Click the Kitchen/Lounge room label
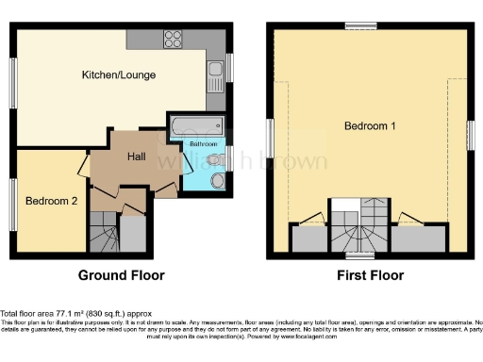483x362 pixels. [x=118, y=74]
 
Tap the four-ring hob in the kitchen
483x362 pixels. [x=174, y=40]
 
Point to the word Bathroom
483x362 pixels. [x=204, y=142]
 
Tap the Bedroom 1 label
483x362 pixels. [x=369, y=125]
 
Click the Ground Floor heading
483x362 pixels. [x=121, y=276]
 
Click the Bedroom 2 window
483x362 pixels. [x=13, y=199]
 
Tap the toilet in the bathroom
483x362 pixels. [x=218, y=180]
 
